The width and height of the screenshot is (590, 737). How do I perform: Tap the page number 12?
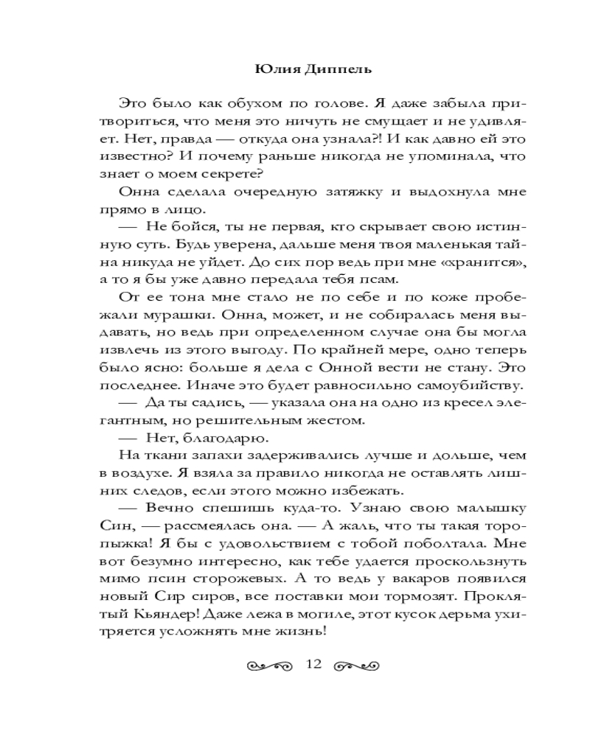[x=313, y=666]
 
